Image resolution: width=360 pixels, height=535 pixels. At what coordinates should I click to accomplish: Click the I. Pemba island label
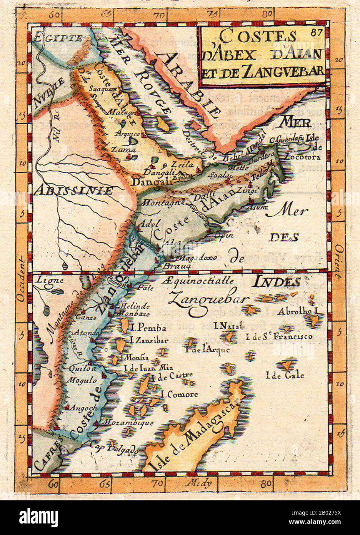pos(148,328)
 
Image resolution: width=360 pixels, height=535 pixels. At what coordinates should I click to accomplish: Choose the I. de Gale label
pos(285,374)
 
